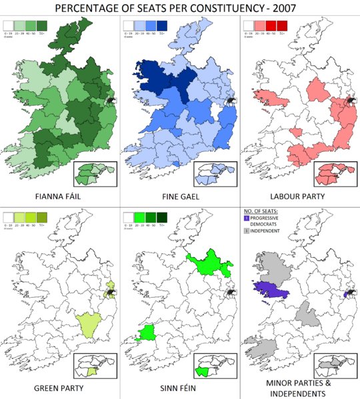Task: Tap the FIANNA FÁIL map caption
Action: [x=59, y=197]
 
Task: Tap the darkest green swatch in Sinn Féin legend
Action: [x=162, y=216]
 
